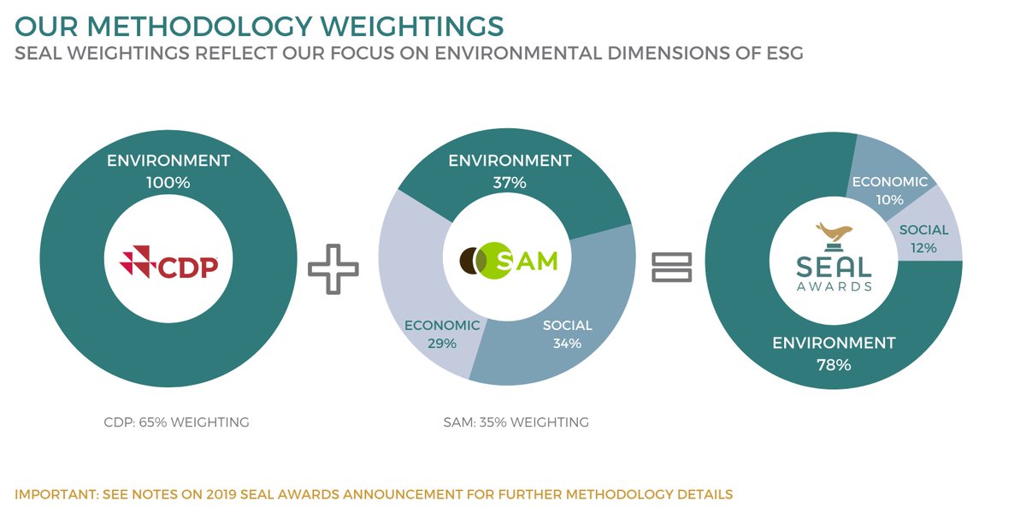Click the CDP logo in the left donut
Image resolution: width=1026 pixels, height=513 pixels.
[170, 267]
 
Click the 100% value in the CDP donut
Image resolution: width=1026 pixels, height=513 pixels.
[168, 182]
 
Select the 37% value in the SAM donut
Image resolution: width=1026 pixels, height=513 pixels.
[509, 182]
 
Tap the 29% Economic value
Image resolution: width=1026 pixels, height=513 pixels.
[442, 343]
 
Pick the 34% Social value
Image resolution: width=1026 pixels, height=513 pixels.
[567, 344]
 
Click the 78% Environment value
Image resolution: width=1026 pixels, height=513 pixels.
[834, 365]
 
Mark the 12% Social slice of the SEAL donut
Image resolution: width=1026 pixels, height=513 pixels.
[924, 239]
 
